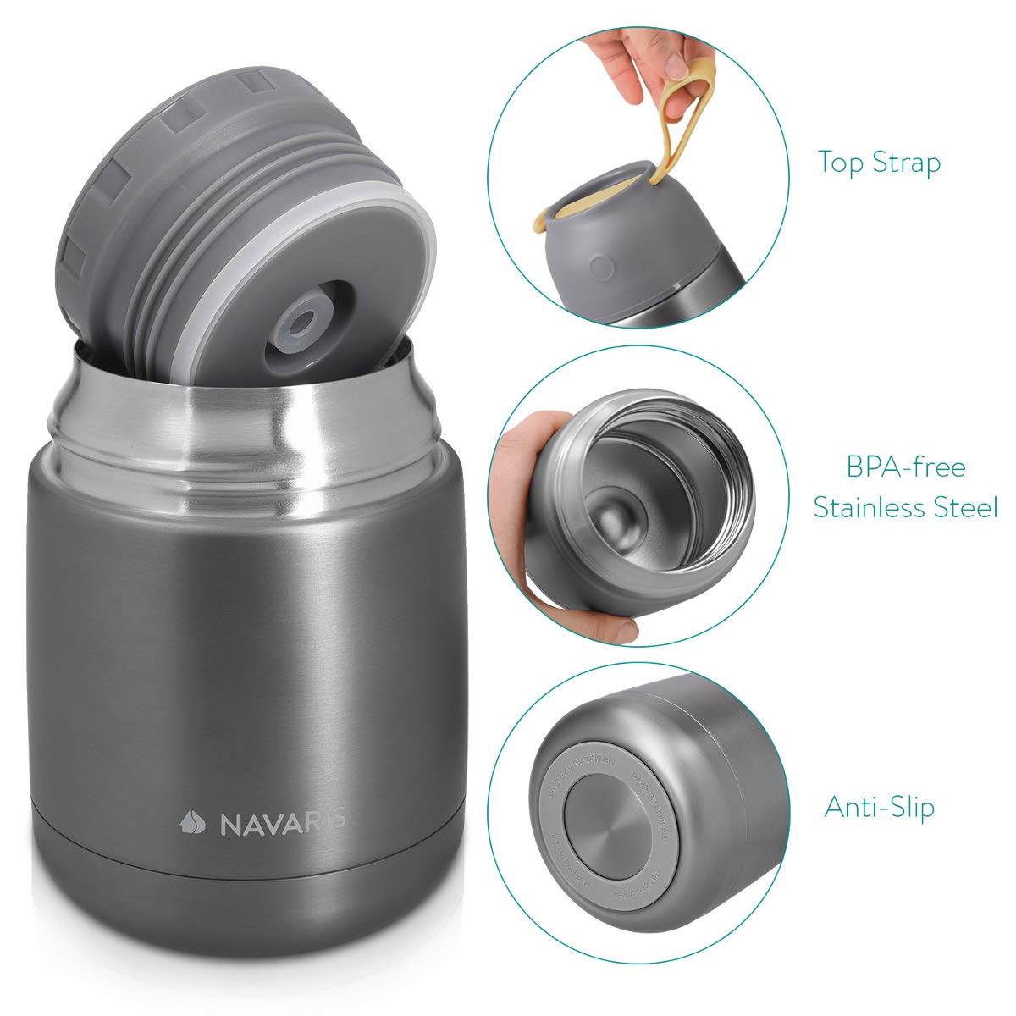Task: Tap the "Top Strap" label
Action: coord(879,162)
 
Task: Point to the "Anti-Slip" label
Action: coord(879,807)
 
